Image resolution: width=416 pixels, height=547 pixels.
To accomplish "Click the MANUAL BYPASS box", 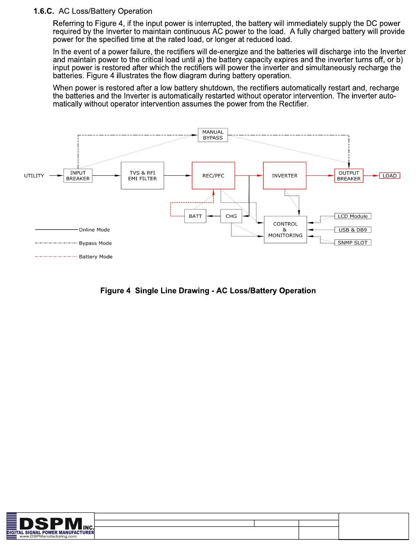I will [x=213, y=135].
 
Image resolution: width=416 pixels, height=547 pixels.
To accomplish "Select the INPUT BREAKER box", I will [x=78, y=176].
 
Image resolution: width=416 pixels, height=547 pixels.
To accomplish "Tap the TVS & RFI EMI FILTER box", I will [x=142, y=176].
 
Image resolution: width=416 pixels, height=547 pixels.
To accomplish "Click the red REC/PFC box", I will [x=214, y=176].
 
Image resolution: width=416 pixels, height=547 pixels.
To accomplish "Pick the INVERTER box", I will [x=285, y=176].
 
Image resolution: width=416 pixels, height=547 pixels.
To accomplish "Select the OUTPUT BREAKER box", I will [x=349, y=176].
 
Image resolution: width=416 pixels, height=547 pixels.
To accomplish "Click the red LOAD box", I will [x=389, y=176].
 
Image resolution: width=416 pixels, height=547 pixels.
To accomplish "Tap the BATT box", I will [x=195, y=216].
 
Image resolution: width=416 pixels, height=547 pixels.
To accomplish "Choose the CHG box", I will [x=231, y=216].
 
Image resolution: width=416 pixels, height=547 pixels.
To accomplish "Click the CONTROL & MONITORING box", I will [x=286, y=229].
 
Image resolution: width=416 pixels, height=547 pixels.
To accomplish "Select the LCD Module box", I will [x=353, y=216].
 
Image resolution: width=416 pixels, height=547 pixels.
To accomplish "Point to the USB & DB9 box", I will [x=353, y=230].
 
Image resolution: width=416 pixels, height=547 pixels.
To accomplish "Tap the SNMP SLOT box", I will [x=353, y=242].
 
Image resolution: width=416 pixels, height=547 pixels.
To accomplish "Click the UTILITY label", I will [x=34, y=176].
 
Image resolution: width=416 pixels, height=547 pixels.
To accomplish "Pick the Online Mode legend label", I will [x=94, y=230].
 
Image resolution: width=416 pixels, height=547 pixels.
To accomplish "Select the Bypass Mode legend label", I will [x=95, y=243].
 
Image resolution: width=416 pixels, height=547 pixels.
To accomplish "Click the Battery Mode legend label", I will [x=95, y=257].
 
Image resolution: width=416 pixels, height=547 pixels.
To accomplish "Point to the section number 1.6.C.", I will [x=44, y=11].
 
